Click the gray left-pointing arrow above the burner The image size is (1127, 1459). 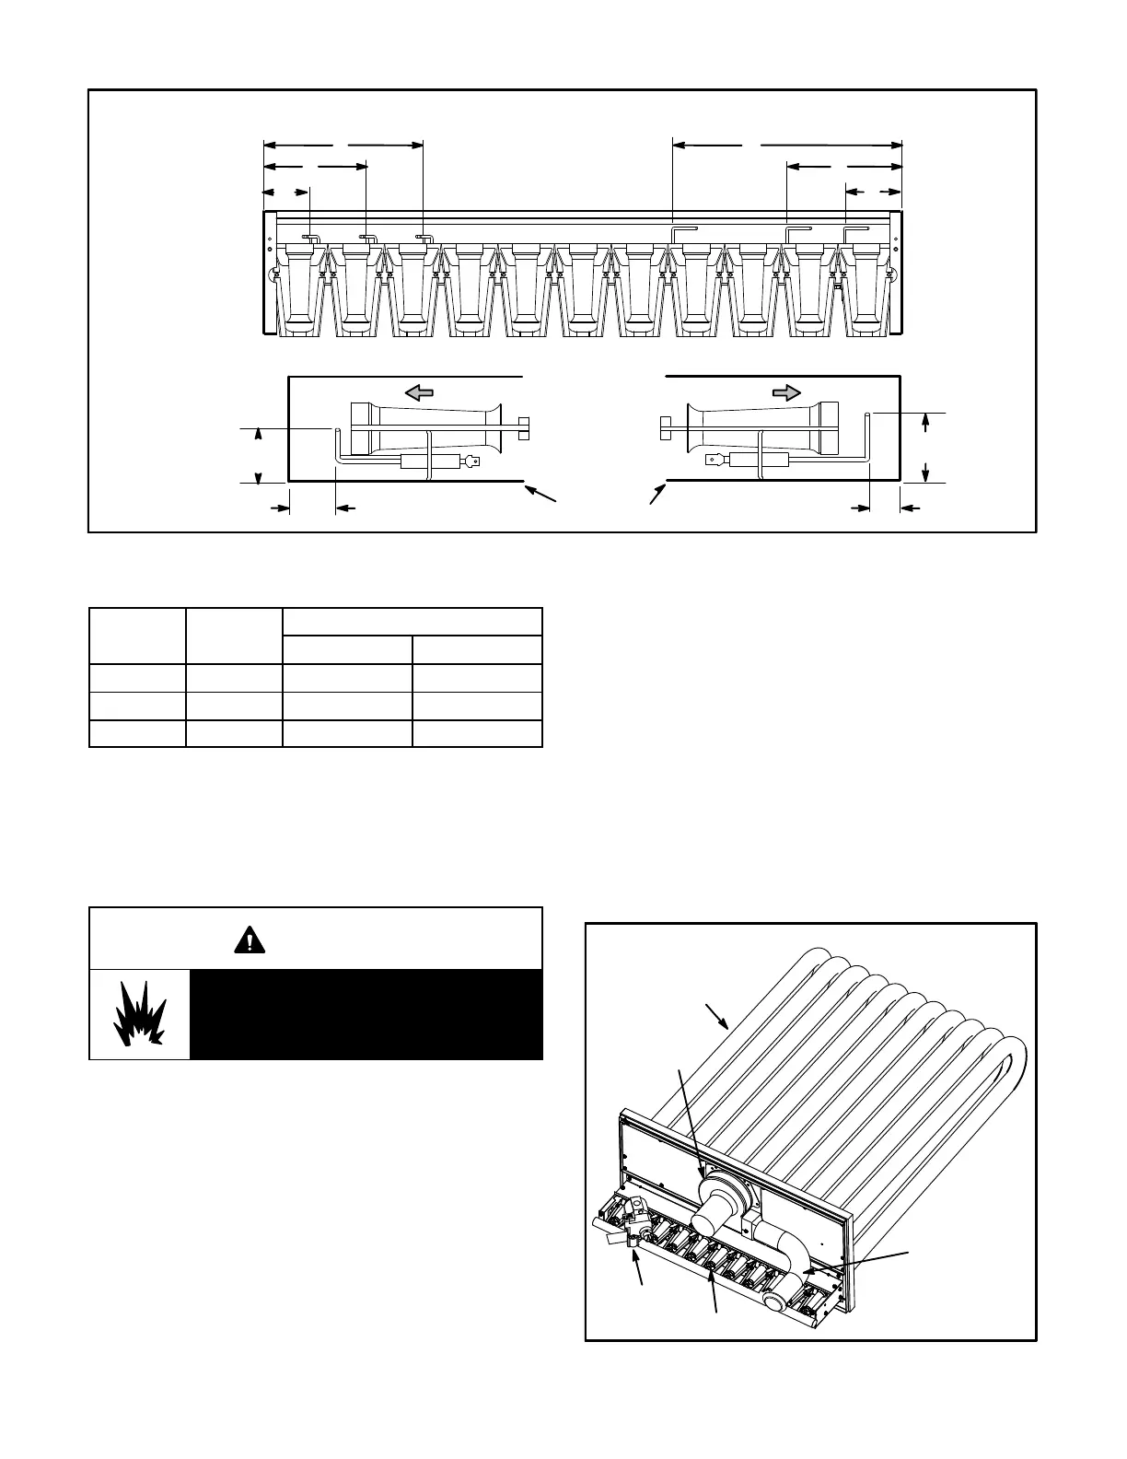(x=419, y=393)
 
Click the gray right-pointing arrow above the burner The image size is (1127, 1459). (x=785, y=393)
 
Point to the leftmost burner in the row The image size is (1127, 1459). (x=300, y=286)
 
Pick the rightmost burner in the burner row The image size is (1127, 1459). (x=868, y=286)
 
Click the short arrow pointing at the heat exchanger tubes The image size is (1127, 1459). (x=717, y=1016)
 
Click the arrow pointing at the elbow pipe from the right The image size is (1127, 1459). (x=855, y=1262)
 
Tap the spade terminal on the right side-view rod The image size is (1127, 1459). (x=712, y=460)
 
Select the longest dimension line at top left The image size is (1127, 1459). (x=343, y=145)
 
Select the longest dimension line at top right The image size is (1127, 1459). (x=788, y=145)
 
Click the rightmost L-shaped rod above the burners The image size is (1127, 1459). (x=855, y=229)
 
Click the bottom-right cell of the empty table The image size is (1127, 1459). (x=477, y=734)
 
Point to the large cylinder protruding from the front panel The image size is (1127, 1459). (x=720, y=1207)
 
